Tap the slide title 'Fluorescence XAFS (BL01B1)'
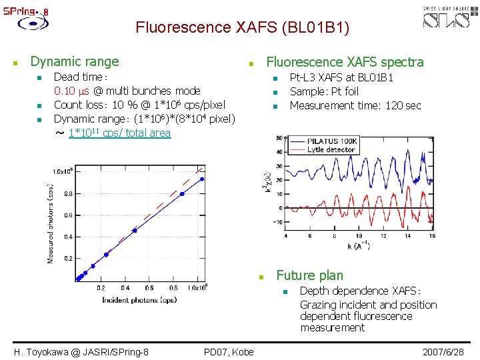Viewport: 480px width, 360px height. pos(242,28)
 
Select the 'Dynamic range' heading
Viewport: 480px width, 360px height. pos(75,61)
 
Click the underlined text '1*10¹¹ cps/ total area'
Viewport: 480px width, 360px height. pos(119,133)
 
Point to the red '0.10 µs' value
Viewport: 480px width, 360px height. pos(72,91)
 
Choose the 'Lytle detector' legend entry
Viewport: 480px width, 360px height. pos(332,150)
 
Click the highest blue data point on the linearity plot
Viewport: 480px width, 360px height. pos(202,179)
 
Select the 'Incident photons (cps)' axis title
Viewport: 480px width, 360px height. pos(139,300)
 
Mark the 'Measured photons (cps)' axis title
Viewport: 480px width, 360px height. pos(51,223)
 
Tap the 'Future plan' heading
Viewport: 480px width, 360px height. pos(309,275)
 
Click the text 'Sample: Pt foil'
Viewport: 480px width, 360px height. pos(324,91)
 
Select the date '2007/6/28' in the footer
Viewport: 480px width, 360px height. pos(443,351)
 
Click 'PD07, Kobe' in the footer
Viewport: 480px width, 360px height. pos(229,351)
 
